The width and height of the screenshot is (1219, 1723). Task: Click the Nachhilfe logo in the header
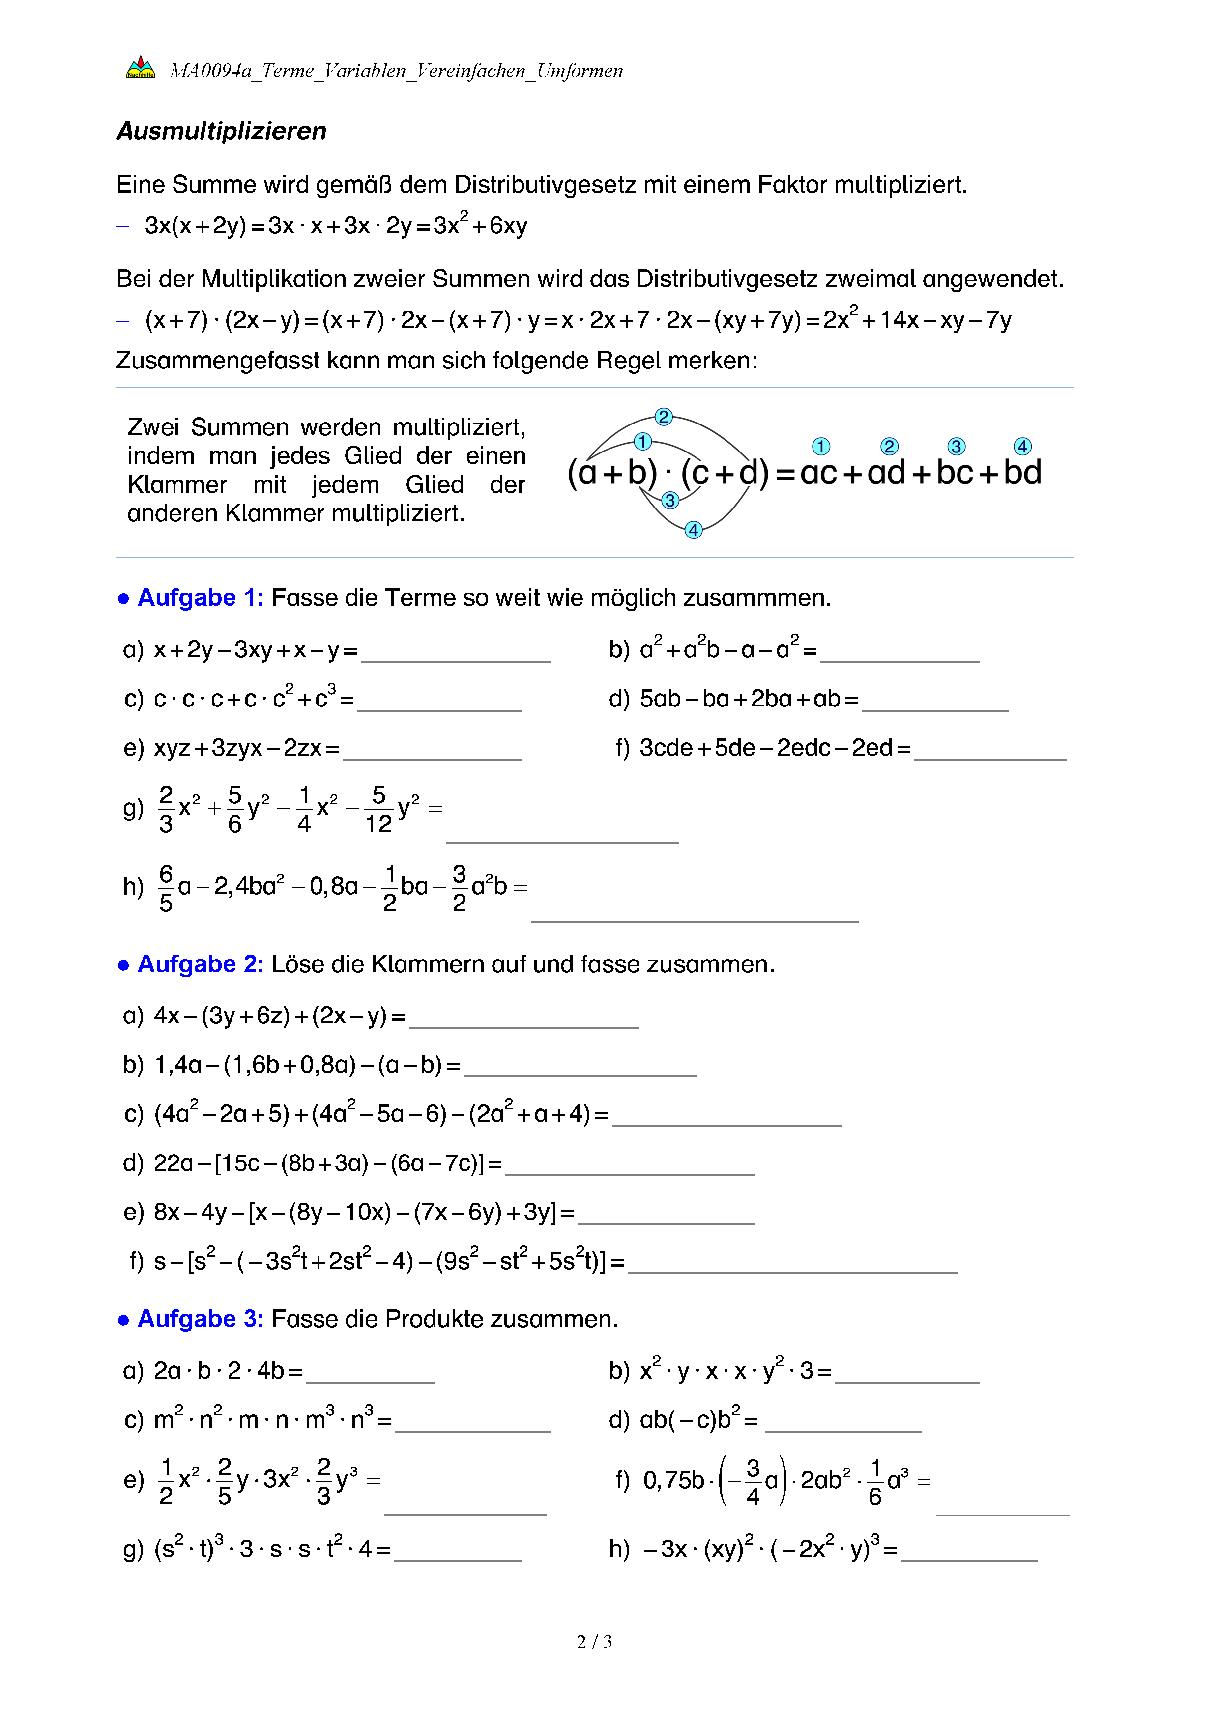pos(141,68)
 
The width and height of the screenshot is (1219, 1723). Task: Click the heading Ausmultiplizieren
pos(221,131)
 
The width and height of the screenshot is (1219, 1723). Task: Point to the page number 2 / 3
pos(594,1642)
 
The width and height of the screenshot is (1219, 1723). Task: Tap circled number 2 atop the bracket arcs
pos(663,417)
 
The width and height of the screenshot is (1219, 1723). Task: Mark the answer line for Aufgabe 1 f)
pos(989,757)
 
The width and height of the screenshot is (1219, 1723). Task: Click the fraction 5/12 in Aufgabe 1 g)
pos(378,810)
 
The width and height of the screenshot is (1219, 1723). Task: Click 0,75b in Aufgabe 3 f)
pos(673,1480)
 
